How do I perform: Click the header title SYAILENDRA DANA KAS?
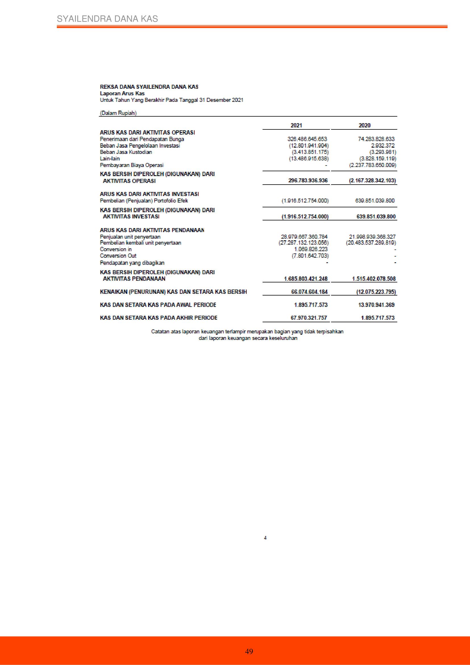click(x=107, y=19)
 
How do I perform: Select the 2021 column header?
click(x=296, y=125)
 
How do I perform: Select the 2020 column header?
click(x=364, y=125)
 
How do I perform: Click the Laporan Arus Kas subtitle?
click(x=122, y=93)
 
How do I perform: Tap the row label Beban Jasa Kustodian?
click(x=126, y=152)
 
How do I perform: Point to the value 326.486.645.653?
click(x=307, y=139)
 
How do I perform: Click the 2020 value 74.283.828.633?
click(x=376, y=139)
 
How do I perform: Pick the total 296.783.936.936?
click(x=308, y=180)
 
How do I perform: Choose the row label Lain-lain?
click(x=110, y=158)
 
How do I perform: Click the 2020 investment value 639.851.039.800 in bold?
click(x=376, y=216)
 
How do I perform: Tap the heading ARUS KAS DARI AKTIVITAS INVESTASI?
click(x=149, y=194)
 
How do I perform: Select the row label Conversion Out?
click(x=118, y=256)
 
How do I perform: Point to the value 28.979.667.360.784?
click(x=304, y=237)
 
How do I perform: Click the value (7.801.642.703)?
click(x=310, y=256)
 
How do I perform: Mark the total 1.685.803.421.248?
click(x=306, y=279)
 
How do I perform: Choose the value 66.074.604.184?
click(x=309, y=292)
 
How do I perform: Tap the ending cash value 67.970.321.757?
click(x=309, y=318)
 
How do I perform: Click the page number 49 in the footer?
click(x=249, y=651)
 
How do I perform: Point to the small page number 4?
click(x=265, y=538)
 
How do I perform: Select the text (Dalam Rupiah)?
click(x=118, y=113)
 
